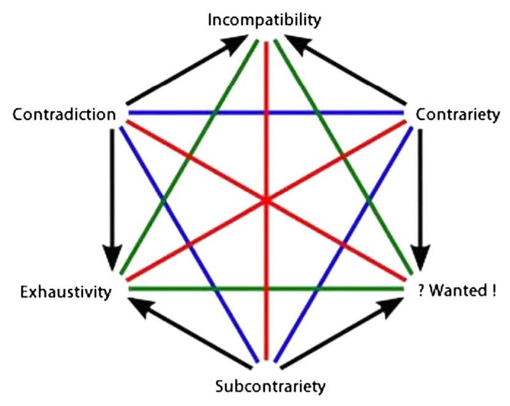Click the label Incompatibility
(264, 20)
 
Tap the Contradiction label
(64, 114)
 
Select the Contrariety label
(458, 115)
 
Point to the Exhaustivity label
(66, 292)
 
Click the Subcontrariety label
(270, 386)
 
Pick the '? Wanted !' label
(457, 291)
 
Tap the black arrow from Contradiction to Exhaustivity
(112, 200)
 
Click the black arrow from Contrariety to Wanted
(420, 200)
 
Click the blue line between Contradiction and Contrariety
(266, 113)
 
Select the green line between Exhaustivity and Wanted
(266, 289)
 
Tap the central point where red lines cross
(267, 201)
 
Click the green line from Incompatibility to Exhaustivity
(189, 157)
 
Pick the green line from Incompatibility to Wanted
(343, 157)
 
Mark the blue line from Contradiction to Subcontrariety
(189, 244)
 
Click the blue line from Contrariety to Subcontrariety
(343, 244)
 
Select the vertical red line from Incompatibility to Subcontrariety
(267, 201)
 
